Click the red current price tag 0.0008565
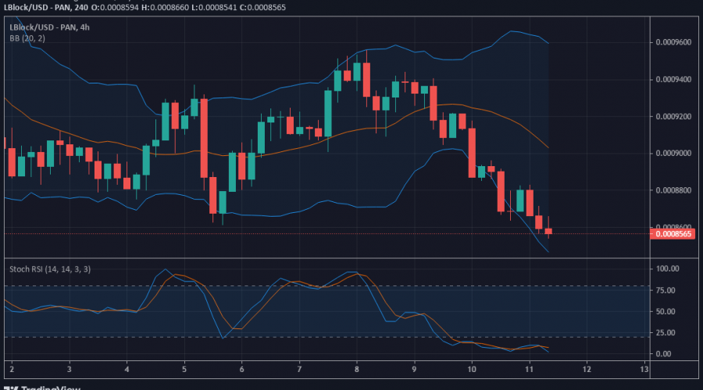(x=673, y=233)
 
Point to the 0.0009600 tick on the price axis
(x=673, y=42)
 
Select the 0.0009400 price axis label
(x=673, y=80)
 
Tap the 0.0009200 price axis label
(x=673, y=116)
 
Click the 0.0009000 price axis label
(x=673, y=153)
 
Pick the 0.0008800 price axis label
(x=673, y=190)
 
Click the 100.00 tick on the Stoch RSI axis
(x=669, y=269)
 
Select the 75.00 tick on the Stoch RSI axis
(x=666, y=290)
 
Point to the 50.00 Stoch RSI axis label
(x=666, y=311)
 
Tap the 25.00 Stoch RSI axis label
(x=666, y=332)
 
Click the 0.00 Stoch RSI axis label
(x=664, y=353)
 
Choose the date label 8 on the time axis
(x=357, y=368)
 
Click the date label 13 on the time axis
(x=644, y=368)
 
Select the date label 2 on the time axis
(x=12, y=368)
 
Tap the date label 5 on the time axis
(x=184, y=368)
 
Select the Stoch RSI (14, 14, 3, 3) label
(x=49, y=269)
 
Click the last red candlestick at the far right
(x=548, y=231)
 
